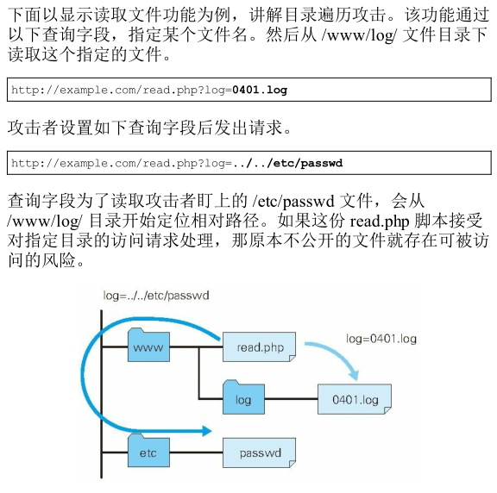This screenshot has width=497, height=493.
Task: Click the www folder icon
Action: [148, 346]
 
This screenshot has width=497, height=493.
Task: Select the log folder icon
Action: [243, 398]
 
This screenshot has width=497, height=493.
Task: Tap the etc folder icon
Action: [148, 451]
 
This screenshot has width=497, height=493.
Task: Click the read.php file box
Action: [259, 347]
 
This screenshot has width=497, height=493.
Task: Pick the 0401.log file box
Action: [355, 399]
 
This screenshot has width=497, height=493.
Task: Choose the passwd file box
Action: [259, 452]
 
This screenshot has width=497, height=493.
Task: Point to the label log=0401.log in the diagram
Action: [381, 339]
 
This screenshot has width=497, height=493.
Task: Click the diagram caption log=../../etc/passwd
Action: [156, 296]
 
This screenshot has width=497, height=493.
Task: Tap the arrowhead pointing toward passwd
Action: [207, 431]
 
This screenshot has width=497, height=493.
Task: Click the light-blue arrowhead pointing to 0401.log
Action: [354, 374]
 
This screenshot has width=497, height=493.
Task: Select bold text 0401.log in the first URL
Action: [260, 90]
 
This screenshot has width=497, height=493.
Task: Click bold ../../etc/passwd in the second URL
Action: [288, 163]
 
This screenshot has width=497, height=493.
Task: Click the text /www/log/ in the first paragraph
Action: [359, 34]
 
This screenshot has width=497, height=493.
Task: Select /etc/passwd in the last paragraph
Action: [293, 202]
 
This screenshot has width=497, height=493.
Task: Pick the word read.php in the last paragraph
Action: [380, 222]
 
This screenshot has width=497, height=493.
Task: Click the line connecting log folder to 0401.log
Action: [292, 399]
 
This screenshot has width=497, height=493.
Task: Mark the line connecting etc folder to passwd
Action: [196, 452]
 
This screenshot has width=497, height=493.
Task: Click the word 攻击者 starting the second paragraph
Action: [33, 128]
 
